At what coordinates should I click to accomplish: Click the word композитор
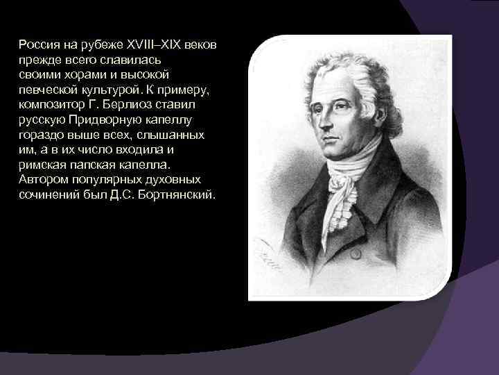[x=51, y=105]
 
